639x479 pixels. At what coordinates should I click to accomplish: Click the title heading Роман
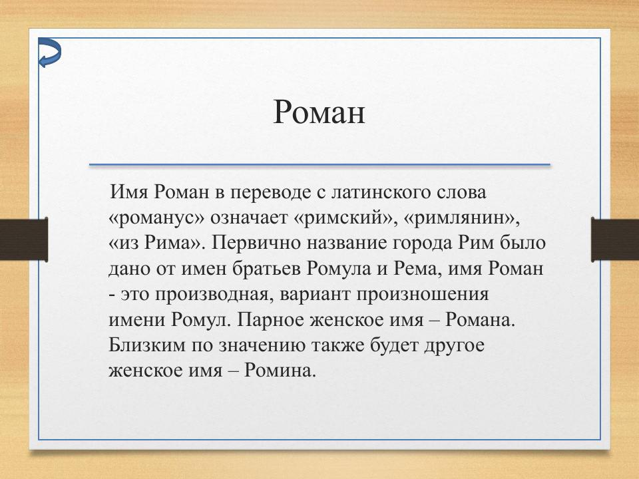pos(319,112)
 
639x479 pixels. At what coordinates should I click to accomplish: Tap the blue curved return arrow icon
pos(49,53)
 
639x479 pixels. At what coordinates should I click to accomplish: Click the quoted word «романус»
pos(156,218)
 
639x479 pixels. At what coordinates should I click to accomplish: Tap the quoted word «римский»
pos(341,218)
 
